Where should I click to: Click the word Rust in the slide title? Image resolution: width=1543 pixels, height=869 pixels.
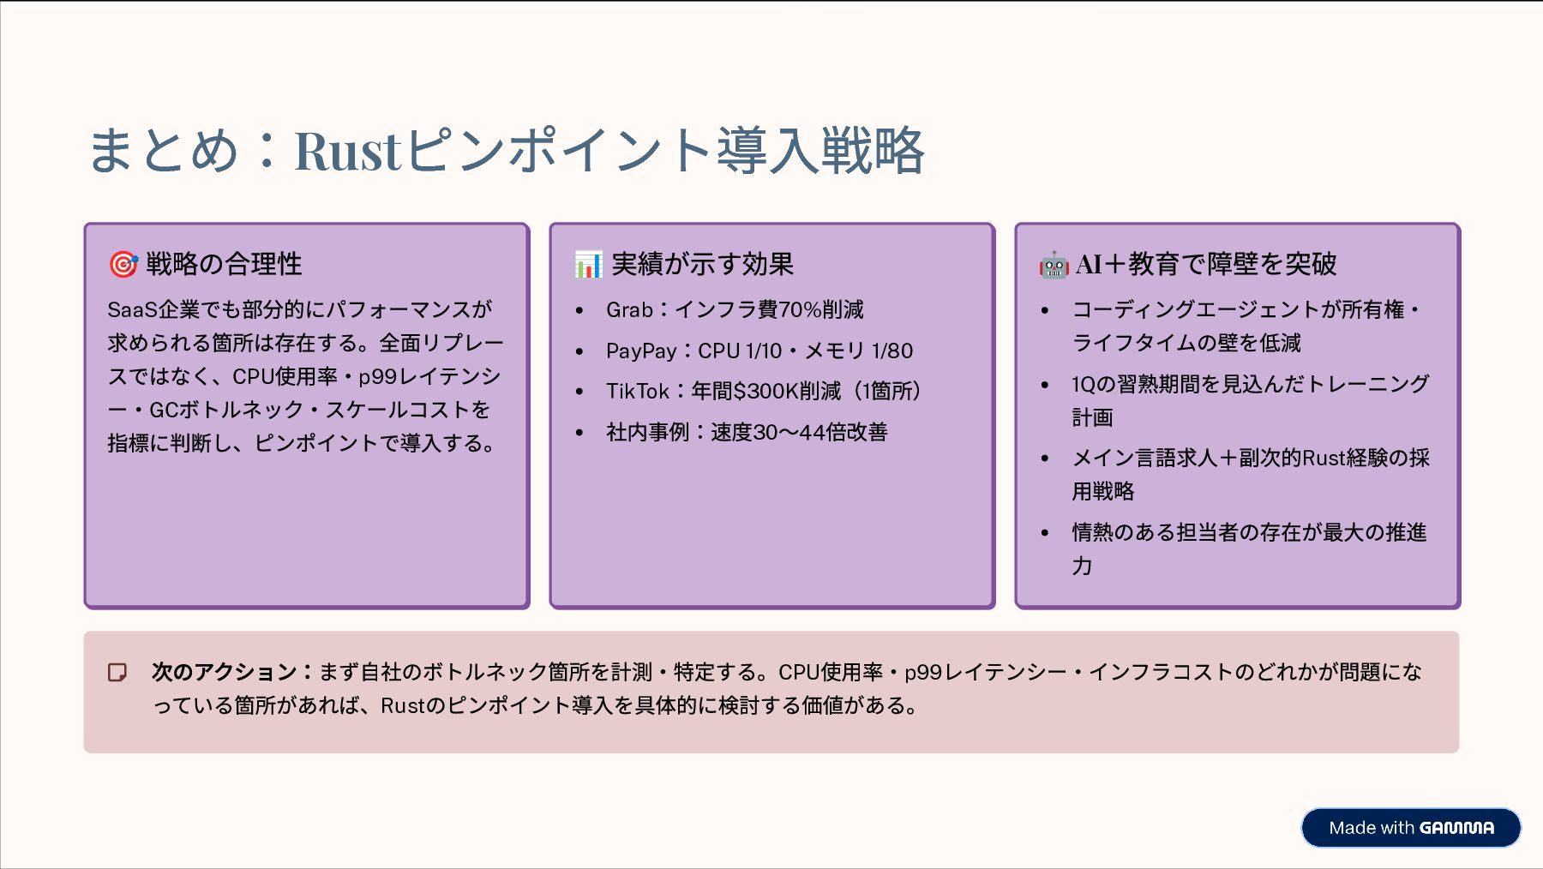coord(347,152)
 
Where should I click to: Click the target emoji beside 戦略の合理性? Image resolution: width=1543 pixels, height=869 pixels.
coord(123,265)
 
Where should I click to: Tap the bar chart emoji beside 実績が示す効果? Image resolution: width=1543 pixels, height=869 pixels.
coord(589,265)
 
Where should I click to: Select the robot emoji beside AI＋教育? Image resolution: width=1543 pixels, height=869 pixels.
coord(1054,265)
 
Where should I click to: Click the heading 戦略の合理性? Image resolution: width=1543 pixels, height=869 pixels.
coord(224,264)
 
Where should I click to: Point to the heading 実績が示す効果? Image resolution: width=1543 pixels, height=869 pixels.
coord(703,264)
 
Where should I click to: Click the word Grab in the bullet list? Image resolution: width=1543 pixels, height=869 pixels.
coord(629,309)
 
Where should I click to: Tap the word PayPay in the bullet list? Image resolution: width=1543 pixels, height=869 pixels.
coord(641,351)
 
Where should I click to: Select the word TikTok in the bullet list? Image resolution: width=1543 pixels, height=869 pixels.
coord(637,392)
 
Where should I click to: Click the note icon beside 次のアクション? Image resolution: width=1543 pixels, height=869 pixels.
coord(117,672)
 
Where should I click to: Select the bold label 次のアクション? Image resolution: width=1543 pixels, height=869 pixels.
coord(225,672)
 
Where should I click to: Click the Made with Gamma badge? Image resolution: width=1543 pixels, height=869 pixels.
coord(1411,828)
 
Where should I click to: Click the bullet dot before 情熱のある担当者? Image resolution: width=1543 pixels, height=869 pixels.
coord(1045,533)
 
